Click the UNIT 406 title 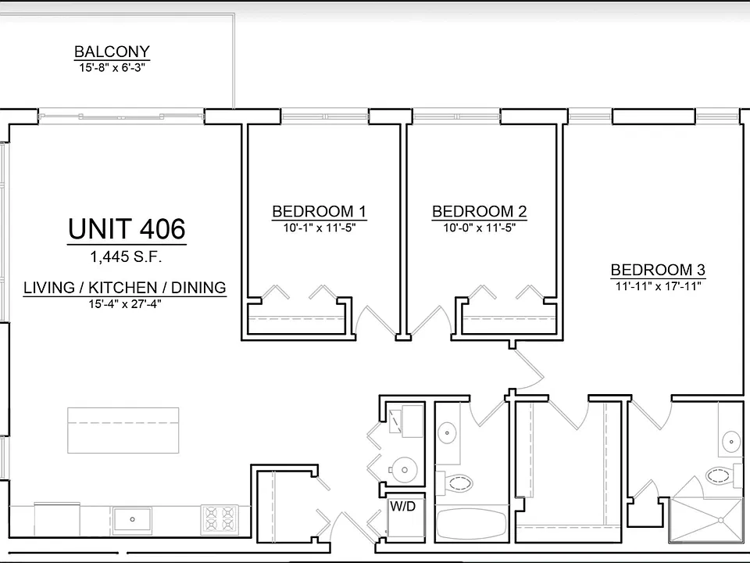pyautogui.click(x=127, y=229)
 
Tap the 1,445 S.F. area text pyautogui.click(x=127, y=257)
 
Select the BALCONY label pyautogui.click(x=112, y=52)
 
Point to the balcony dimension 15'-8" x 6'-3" pyautogui.click(x=112, y=67)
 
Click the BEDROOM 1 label pyautogui.click(x=319, y=211)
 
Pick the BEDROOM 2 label pyautogui.click(x=479, y=211)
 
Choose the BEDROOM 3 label pyautogui.click(x=658, y=270)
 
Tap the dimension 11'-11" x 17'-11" pyautogui.click(x=658, y=286)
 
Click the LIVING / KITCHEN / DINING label pyautogui.click(x=125, y=288)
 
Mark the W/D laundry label pyautogui.click(x=403, y=506)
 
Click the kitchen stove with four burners pyautogui.click(x=220, y=520)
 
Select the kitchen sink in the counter pyautogui.click(x=133, y=520)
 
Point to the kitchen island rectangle pyautogui.click(x=123, y=430)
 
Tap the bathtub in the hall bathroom pyautogui.click(x=471, y=523)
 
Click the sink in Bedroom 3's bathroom pyautogui.click(x=731, y=441)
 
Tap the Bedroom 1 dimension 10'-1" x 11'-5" pyautogui.click(x=319, y=228)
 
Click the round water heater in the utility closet pyautogui.click(x=403, y=470)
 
